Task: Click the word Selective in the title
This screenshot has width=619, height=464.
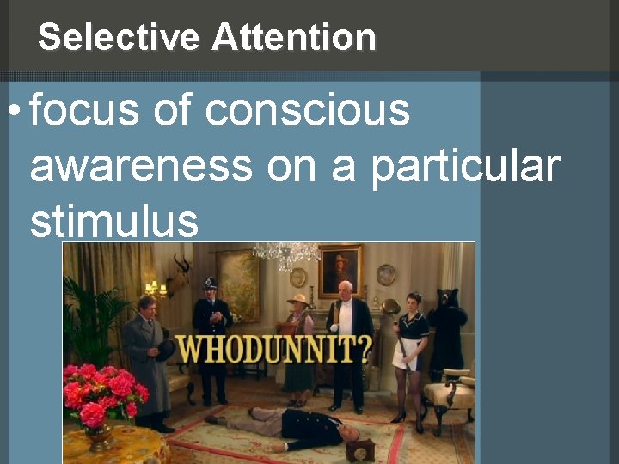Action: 119,38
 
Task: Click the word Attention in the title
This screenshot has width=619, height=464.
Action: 294,38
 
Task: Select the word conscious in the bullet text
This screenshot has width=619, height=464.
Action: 308,111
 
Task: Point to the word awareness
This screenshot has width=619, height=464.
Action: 141,166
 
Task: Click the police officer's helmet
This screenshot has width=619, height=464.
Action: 209,283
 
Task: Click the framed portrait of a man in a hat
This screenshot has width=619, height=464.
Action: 340,271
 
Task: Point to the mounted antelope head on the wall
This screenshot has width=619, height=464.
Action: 182,271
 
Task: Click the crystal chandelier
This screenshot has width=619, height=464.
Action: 286,253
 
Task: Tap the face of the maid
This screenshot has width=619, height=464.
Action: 414,302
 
